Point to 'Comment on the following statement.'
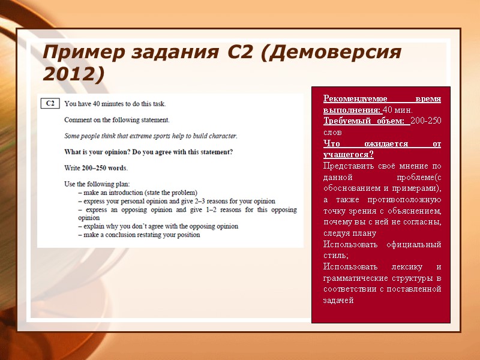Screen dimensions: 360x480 pos(116,119)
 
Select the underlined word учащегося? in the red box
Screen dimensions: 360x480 pos(348,155)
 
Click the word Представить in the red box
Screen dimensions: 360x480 pos(348,166)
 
